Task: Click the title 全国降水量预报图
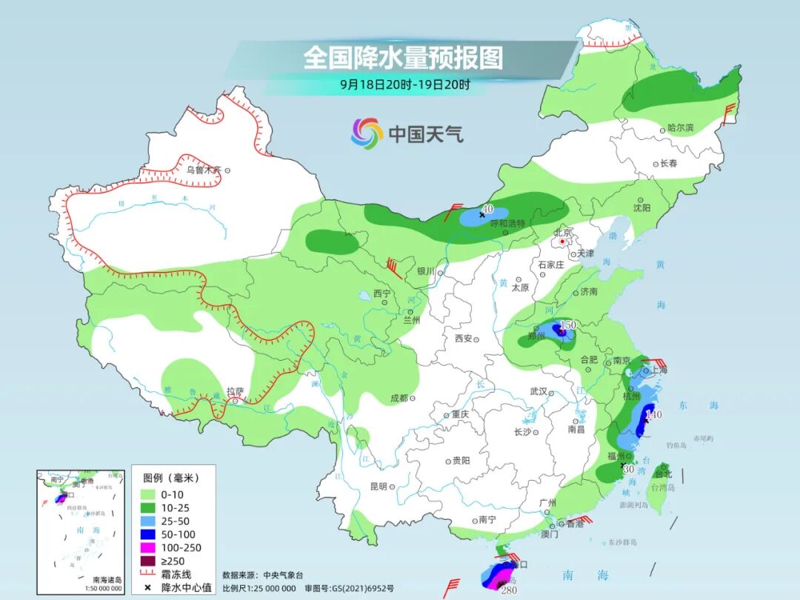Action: [x=403, y=57]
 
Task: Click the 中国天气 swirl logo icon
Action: [x=367, y=133]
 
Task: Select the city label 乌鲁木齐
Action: [x=204, y=170]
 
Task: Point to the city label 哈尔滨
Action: [x=681, y=128]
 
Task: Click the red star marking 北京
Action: [x=563, y=241]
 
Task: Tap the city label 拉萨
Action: [x=236, y=391]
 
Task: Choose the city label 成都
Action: [x=399, y=398]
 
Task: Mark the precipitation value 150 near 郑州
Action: [x=568, y=325]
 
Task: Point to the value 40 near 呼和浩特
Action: [x=487, y=210]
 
